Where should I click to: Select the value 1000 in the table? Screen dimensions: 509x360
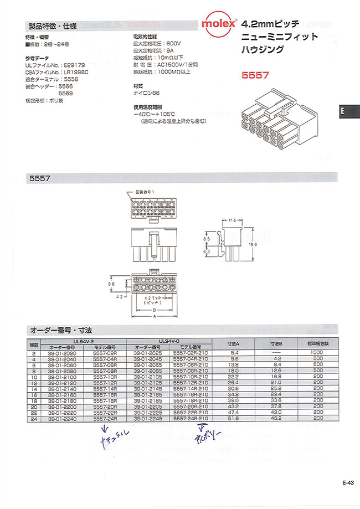(316, 352)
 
